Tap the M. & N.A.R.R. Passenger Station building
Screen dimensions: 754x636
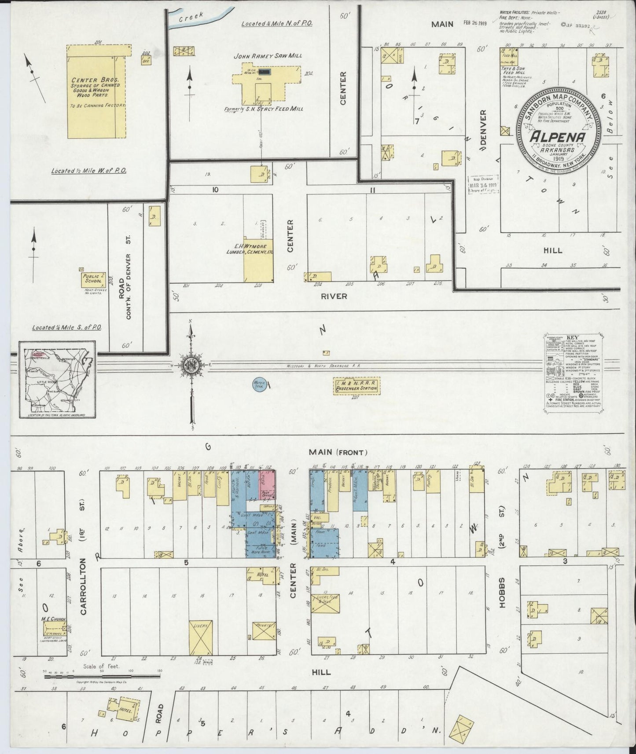[x=356, y=387]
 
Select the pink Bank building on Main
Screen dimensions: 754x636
[x=268, y=484]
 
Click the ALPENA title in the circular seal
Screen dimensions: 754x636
[x=557, y=137]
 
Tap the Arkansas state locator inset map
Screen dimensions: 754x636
[x=57, y=379]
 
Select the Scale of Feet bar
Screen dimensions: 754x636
[x=102, y=686]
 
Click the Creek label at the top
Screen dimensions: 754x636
[x=191, y=16]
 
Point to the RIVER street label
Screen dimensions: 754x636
[x=334, y=296]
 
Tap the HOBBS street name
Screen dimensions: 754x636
[x=503, y=592]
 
